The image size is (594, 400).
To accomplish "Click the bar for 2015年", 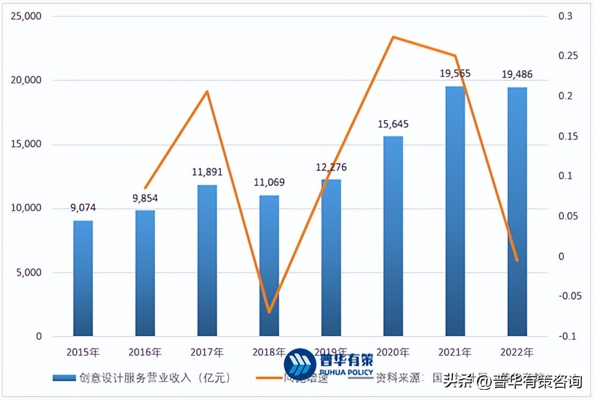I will [83, 278].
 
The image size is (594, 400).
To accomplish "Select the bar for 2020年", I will [393, 236].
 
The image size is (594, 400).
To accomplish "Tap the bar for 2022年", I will [517, 212].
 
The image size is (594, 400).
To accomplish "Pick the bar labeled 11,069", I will [269, 265].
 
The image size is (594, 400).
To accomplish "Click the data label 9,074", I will [83, 208].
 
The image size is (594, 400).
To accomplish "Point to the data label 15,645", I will [393, 124].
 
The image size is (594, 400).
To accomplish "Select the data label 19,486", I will [517, 75].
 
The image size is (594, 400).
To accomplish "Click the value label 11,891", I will [207, 173].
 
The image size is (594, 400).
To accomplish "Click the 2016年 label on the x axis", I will [145, 352].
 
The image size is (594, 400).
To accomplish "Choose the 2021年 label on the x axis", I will [455, 352].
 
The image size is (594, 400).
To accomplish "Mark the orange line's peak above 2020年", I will [393, 37].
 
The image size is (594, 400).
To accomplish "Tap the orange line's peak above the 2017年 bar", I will [207, 92].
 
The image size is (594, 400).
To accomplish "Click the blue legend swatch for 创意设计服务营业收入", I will [64, 378].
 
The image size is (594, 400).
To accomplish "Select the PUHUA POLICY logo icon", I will [300, 365].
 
